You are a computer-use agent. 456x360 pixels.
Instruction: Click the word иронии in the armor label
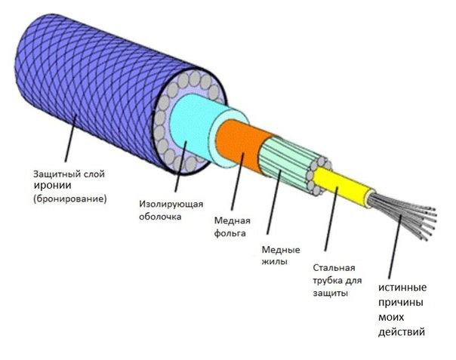[x=53, y=186]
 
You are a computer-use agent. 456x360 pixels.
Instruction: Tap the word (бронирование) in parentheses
[x=70, y=199]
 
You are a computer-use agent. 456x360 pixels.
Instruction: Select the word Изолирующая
[x=171, y=204]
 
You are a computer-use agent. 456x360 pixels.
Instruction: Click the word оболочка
[x=160, y=217]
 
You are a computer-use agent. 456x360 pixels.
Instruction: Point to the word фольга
[x=230, y=233]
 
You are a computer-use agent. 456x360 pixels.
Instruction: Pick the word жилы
[x=275, y=262]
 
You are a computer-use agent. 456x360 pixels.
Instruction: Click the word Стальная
[x=334, y=267]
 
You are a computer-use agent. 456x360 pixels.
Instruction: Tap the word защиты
[x=331, y=293]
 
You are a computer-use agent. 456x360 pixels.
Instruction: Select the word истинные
[x=402, y=288]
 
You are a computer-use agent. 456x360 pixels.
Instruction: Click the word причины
[x=401, y=303]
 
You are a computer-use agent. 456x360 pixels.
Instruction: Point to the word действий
[x=402, y=332]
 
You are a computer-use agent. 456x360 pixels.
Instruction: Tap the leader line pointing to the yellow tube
[x=331, y=219]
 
